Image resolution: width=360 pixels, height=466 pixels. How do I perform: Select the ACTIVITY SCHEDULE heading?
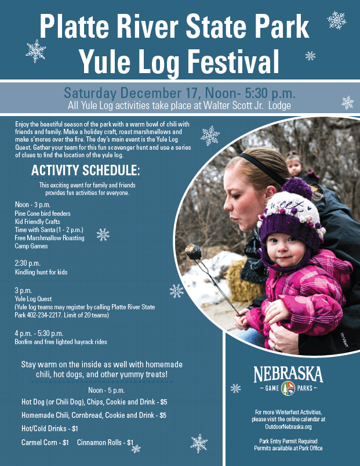pos(85,170)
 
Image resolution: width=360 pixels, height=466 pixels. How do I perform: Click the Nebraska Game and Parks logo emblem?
pos(288,388)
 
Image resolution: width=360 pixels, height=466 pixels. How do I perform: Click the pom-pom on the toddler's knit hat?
pos(297,189)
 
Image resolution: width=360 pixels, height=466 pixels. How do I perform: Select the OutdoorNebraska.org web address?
pos(288,426)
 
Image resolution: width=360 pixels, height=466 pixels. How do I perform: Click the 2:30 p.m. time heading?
pos(27,263)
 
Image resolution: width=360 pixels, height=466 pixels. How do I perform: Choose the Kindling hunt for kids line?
pos(41,272)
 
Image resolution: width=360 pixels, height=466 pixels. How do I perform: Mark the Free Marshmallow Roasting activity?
pos(49,238)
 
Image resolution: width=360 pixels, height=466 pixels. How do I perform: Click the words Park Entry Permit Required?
pos(288,442)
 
